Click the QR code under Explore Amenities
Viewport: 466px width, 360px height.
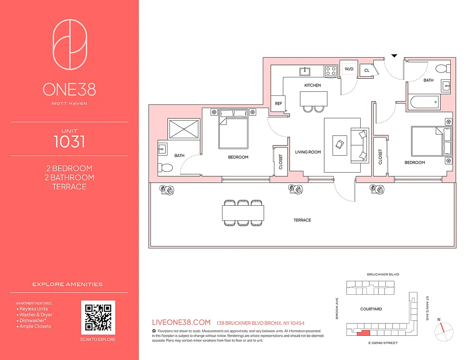click(98, 318)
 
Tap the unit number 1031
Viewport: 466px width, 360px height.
click(69, 141)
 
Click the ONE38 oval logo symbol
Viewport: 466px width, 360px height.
click(69, 45)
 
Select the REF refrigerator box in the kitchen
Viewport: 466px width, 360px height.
click(278, 103)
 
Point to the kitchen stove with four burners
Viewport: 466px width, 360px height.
click(331, 71)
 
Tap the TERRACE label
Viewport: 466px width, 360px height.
click(302, 220)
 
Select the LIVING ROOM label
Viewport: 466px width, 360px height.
click(308, 152)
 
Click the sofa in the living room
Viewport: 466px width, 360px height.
click(362, 144)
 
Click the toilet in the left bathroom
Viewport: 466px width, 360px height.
click(166, 168)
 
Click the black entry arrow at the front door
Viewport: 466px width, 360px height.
click(394, 56)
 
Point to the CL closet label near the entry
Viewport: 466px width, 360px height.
click(366, 71)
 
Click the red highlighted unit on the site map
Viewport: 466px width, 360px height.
click(363, 333)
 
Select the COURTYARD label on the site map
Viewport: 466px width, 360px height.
click(371, 309)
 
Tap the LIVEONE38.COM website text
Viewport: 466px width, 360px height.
click(182, 323)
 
